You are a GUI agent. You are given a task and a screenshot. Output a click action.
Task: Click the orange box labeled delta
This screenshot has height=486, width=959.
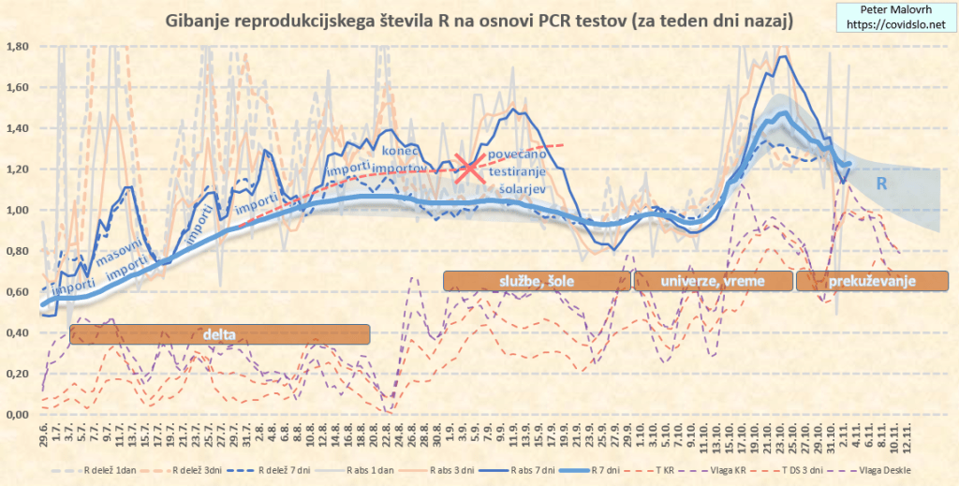point(220,333)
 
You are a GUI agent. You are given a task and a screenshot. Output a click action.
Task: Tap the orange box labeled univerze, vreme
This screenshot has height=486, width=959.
point(711,280)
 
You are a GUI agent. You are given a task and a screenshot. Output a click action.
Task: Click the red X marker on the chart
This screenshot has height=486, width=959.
point(468,166)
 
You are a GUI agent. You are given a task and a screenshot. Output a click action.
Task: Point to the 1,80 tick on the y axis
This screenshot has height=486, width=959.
point(19,46)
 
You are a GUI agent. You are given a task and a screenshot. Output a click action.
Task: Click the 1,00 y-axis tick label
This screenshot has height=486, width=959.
point(19,210)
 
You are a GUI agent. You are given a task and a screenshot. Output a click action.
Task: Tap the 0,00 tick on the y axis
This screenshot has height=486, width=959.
point(19,414)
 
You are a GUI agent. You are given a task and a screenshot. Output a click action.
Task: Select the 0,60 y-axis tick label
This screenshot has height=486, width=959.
point(19,291)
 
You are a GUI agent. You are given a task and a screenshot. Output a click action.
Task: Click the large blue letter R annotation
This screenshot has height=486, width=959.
point(881,184)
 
